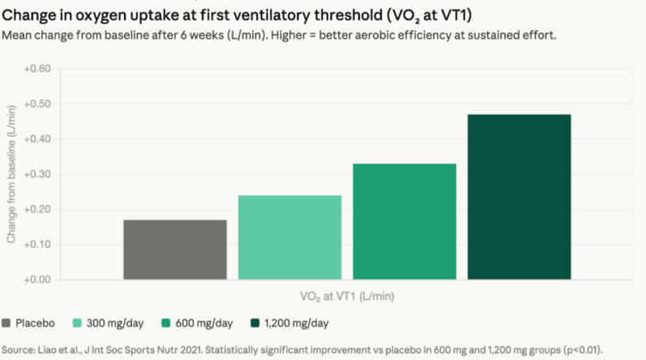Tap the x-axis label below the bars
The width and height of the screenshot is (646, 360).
point(346,296)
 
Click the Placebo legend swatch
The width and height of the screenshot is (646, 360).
point(8,324)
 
